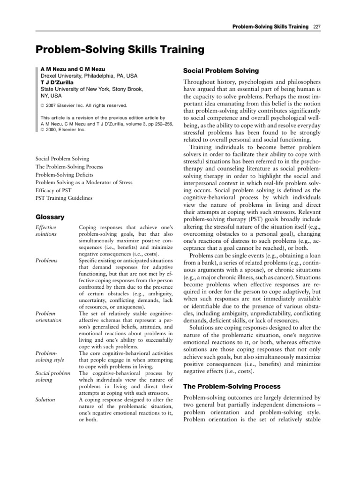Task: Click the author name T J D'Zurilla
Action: [x=60, y=82]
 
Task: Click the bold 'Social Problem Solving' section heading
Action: [x=220, y=71]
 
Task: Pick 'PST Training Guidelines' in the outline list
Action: [x=64, y=198]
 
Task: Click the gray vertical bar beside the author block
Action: [x=37, y=98]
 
